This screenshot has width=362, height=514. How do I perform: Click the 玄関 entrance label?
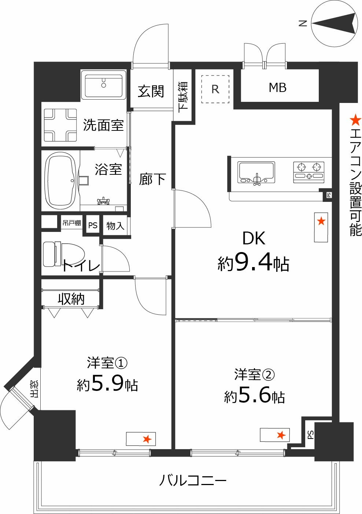click(x=151, y=91)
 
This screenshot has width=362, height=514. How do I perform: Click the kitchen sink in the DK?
click(x=256, y=172)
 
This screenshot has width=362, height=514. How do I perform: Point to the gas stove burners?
click(x=309, y=171)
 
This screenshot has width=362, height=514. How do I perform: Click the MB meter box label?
click(x=277, y=88)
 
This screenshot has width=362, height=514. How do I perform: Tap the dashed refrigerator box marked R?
click(x=215, y=89)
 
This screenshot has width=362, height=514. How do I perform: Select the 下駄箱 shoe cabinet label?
click(x=183, y=96)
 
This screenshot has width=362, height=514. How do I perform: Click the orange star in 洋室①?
click(x=147, y=439)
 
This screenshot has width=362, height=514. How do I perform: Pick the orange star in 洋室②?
click(x=281, y=435)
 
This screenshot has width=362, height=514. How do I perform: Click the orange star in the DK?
click(x=321, y=221)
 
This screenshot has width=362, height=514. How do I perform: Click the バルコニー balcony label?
click(x=193, y=480)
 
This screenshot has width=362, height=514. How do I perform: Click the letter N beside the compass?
click(x=303, y=23)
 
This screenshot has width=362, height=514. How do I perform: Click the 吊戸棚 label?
click(x=71, y=223)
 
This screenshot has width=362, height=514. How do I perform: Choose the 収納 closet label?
click(x=71, y=299)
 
